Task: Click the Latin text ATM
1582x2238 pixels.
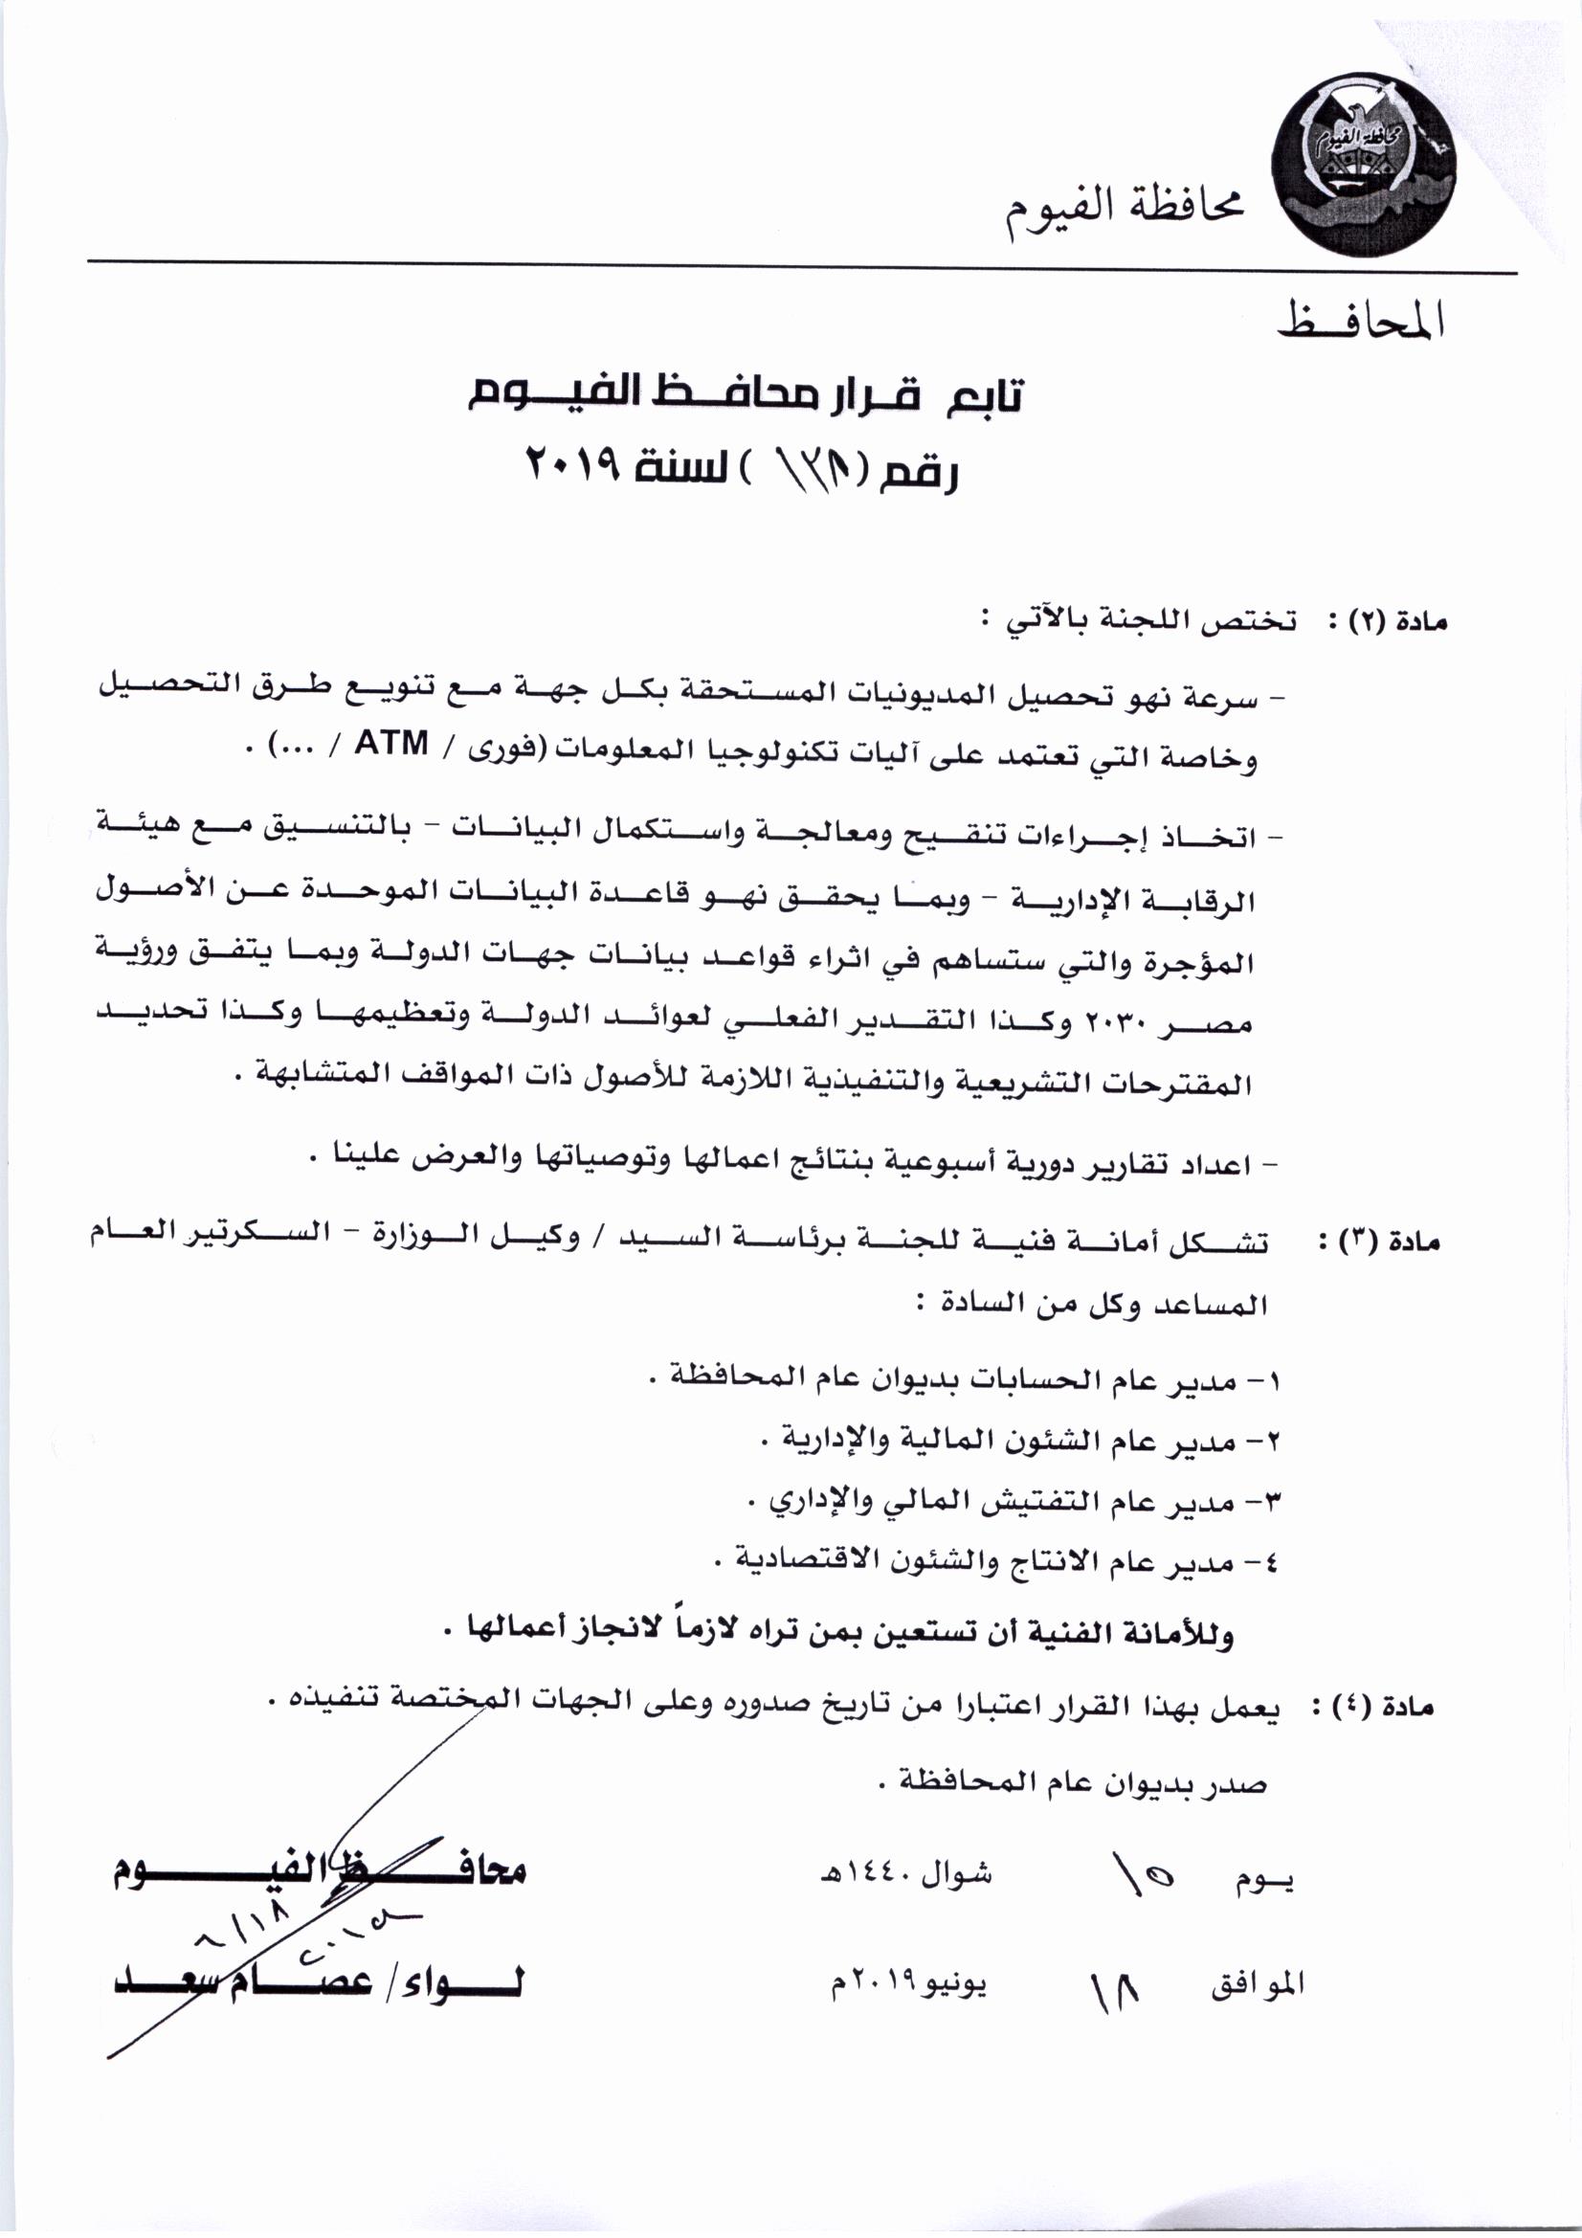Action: click(390, 744)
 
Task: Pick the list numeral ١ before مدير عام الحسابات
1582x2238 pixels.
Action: click(1268, 1381)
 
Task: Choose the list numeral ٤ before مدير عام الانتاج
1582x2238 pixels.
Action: click(1267, 1565)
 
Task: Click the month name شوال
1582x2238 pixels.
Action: click(956, 1874)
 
